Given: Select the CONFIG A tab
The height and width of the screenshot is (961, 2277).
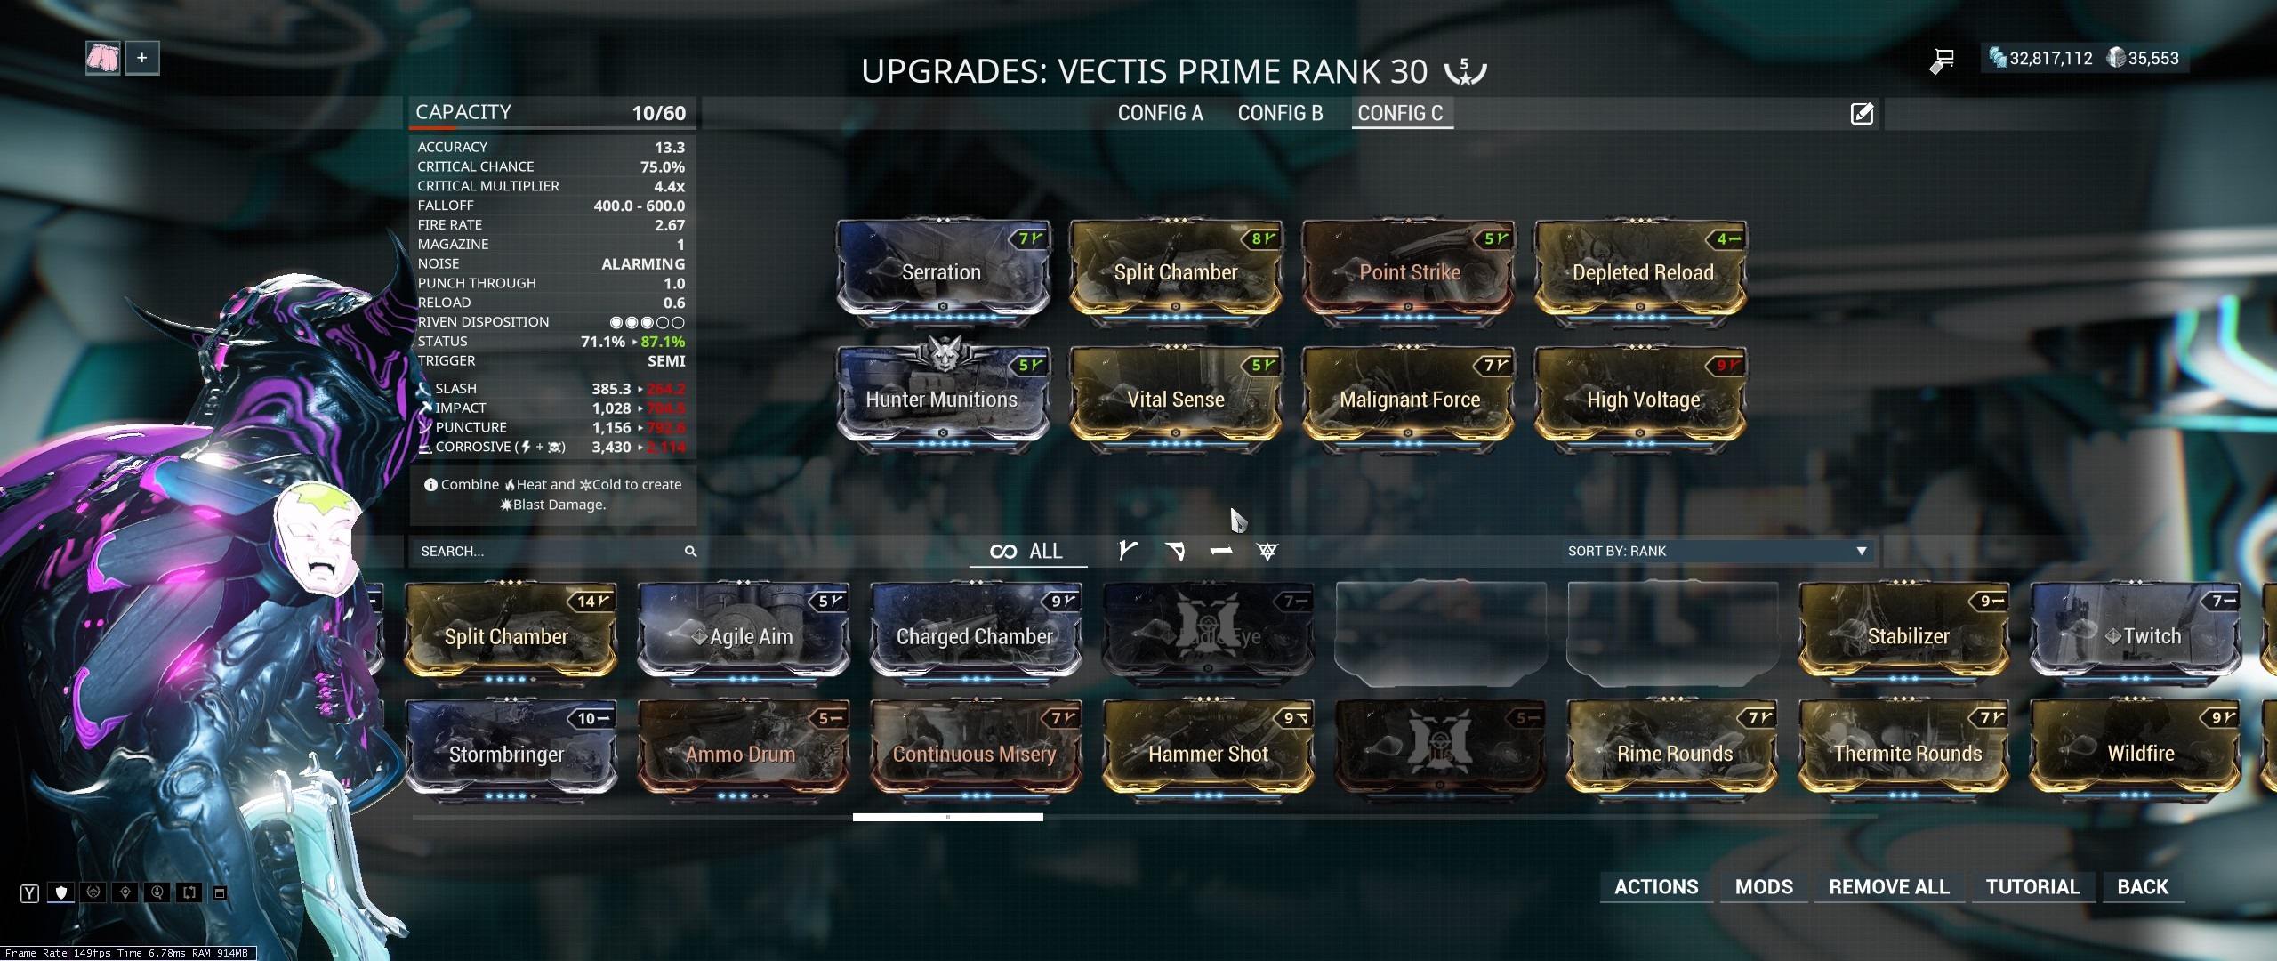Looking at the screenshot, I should coord(1160,113).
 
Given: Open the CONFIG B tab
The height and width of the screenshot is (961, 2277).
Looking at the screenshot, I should coord(1280,113).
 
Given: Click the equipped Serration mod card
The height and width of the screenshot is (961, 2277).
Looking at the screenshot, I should coord(942,271).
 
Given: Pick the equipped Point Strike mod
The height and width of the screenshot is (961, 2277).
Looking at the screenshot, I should coord(1408,271).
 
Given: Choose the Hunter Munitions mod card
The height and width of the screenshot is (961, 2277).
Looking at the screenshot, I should coord(942,399).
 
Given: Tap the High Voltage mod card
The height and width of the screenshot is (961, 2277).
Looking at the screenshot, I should coord(1642,399).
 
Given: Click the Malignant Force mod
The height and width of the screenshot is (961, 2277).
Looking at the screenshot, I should coord(1409,399).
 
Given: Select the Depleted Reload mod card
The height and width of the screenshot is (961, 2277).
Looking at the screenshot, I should coord(1642,271).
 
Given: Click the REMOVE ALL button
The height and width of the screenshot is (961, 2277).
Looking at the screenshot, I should coord(1888,886).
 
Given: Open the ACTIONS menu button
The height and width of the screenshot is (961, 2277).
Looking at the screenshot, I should coord(1656,886).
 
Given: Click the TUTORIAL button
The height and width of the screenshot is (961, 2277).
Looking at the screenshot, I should coord(2032,886).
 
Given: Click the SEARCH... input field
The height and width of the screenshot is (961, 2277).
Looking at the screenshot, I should coord(543,552).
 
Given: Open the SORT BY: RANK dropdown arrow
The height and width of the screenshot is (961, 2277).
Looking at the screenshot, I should coord(1861,552).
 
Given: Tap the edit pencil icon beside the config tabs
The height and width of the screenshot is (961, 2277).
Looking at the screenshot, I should coord(1862,114).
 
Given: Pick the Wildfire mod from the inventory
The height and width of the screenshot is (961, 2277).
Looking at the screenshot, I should coord(2139,754).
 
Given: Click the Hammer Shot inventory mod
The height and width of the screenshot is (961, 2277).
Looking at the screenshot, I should coord(1208,754).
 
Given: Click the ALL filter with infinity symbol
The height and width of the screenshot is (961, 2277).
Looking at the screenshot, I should coord(1026,552).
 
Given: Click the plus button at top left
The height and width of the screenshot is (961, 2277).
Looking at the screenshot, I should coord(141,59).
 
